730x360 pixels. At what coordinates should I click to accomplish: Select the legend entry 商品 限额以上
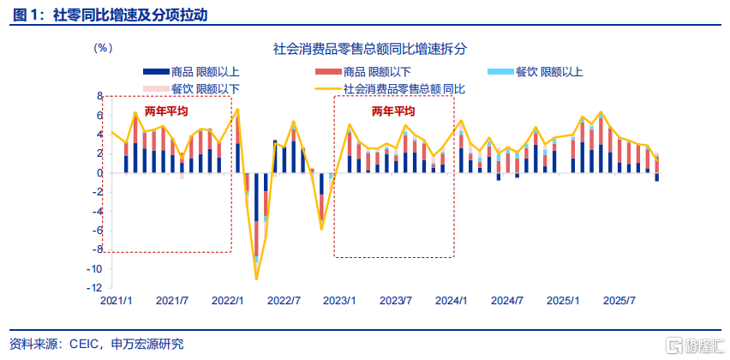tap(191, 72)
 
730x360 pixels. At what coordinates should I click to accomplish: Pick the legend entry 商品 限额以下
tap(363, 72)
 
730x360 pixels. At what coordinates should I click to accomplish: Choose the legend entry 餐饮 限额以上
tap(535, 72)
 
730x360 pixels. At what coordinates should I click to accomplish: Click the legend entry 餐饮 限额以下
tap(191, 88)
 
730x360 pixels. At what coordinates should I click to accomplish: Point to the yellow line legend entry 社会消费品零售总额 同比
tap(391, 88)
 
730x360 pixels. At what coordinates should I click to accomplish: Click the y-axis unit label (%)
tap(103, 48)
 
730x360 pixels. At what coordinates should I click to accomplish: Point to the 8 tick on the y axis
tap(99, 96)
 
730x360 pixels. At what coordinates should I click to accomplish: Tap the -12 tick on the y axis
tap(95, 288)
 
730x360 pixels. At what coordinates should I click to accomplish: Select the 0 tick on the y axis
tap(99, 173)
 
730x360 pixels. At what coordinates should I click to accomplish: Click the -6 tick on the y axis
tap(98, 231)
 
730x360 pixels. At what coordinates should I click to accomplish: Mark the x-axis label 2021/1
tap(117, 301)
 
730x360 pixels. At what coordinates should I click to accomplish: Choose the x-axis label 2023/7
tap(396, 301)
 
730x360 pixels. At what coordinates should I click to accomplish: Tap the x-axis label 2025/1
tap(563, 301)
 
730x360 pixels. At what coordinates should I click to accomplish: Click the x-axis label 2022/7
tap(284, 301)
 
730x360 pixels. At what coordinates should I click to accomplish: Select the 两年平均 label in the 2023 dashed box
tap(393, 111)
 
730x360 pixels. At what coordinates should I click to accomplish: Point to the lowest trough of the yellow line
tap(256, 279)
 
